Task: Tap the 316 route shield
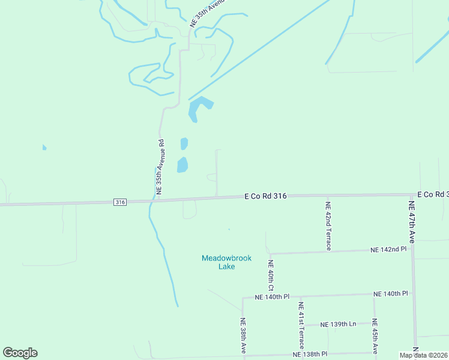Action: pos(120,202)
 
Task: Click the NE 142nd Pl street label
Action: pos(388,249)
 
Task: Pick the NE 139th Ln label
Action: pos(338,324)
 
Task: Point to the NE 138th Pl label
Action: pos(310,355)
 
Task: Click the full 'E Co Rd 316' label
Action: pos(265,196)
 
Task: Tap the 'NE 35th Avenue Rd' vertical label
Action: pos(160,166)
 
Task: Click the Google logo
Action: pos(20,353)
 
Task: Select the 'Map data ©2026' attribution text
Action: pos(423,355)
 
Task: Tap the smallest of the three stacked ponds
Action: pos(184,144)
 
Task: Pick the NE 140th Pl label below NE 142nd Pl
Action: pos(390,293)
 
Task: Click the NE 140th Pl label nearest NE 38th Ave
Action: pos(272,297)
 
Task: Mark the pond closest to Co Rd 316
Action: pos(182,164)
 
